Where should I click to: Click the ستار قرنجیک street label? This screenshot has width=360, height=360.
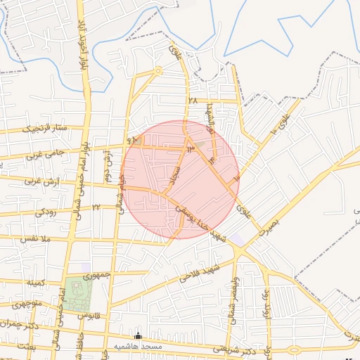pyautogui.click(x=46, y=129)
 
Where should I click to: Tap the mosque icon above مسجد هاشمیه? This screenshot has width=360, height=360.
pyautogui.click(x=138, y=337)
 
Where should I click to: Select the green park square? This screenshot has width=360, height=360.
pyautogui.click(x=75, y=290)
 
